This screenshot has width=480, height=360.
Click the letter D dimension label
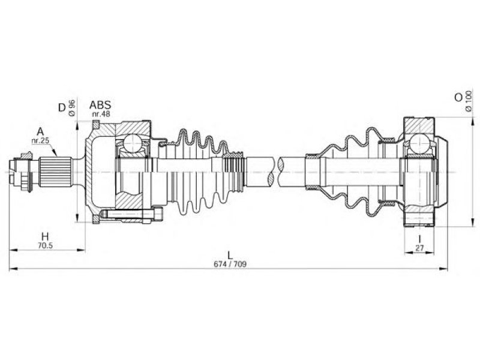[62, 107]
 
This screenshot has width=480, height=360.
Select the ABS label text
[100, 105]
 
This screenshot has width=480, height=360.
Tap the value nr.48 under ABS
[101, 114]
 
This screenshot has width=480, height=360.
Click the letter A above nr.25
[40, 132]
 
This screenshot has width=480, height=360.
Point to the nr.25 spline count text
[40, 141]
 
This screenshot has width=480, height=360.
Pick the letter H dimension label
[45, 236]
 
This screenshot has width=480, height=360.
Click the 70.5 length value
[46, 245]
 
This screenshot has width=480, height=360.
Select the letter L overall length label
[230, 255]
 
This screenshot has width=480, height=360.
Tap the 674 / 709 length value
[230, 264]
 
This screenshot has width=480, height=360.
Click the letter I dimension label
[419, 239]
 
